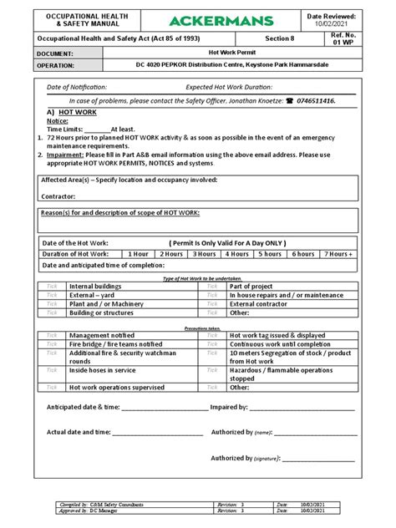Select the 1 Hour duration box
point(137,254)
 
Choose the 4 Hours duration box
point(236,254)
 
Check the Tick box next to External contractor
point(212,303)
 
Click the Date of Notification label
point(77,87)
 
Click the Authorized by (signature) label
point(246,458)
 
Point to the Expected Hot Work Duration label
point(233,87)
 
